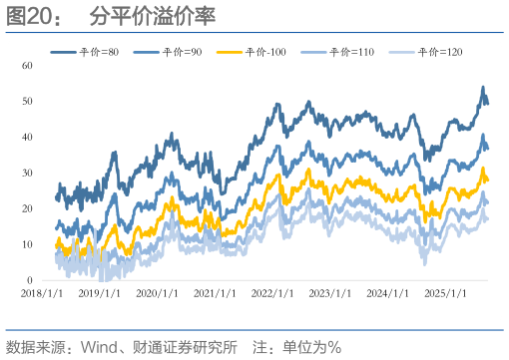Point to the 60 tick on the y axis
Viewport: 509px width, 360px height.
(27, 65)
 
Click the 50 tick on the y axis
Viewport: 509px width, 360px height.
(27, 101)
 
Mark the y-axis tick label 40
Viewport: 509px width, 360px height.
(27, 137)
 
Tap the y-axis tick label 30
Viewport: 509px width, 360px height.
(27, 173)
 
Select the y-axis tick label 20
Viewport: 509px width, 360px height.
(27, 208)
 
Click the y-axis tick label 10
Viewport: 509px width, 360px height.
(27, 244)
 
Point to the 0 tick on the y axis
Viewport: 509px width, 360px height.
(30, 280)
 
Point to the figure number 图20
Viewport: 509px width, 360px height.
(31, 17)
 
